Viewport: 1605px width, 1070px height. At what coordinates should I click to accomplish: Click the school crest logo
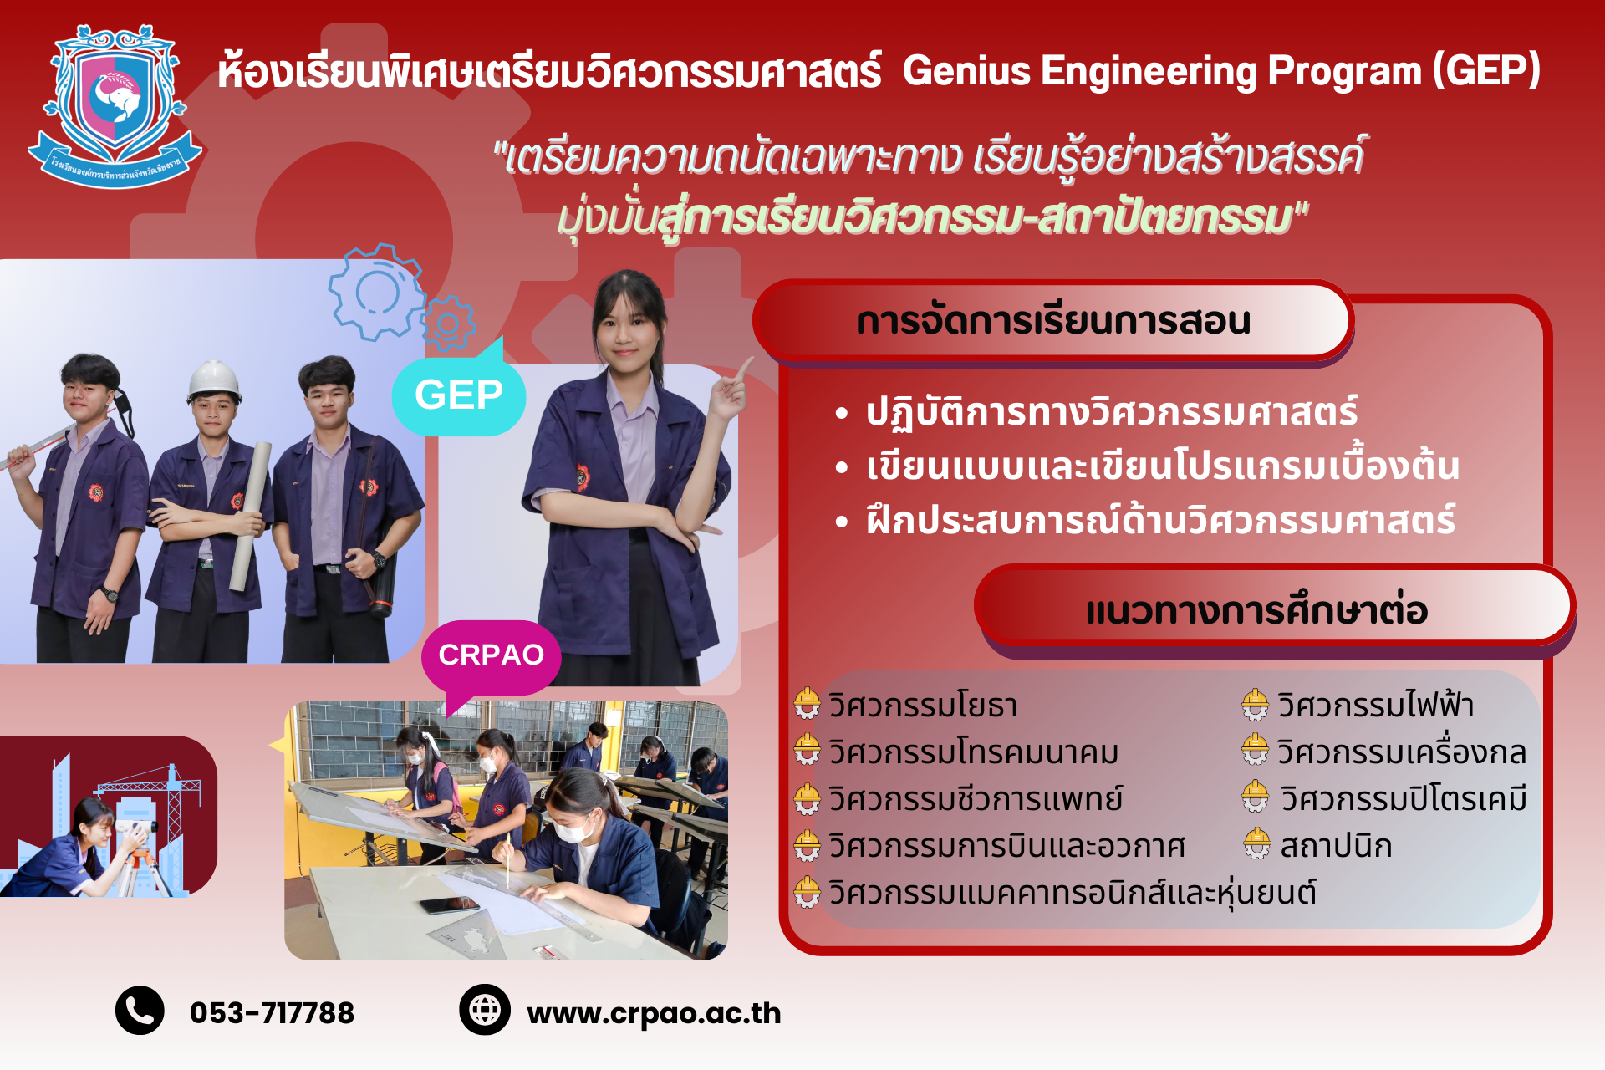(115, 106)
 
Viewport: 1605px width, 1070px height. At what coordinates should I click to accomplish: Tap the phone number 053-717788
(272, 1013)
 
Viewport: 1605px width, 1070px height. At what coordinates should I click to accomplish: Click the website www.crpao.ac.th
(654, 1014)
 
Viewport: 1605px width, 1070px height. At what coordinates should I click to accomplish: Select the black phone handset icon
(140, 1011)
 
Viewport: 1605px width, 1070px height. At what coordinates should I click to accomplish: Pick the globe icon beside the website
(485, 1010)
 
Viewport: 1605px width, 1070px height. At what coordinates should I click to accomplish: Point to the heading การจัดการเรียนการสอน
(1053, 322)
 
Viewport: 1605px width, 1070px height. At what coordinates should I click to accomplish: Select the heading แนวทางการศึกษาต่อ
(1256, 610)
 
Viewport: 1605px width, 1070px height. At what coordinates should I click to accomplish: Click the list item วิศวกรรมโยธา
(923, 706)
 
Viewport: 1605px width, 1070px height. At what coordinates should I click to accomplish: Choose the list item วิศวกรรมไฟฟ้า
(1375, 705)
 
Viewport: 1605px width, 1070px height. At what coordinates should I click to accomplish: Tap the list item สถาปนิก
(1336, 846)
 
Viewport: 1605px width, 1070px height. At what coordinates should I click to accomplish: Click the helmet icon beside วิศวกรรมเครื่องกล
(1255, 750)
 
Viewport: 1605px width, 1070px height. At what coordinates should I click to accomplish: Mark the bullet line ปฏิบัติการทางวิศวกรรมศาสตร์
(1112, 412)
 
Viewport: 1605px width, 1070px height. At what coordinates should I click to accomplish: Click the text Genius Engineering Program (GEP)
(1221, 70)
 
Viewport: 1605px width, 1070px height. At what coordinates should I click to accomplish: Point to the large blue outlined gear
(376, 292)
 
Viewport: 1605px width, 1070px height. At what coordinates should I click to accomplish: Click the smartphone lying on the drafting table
(449, 905)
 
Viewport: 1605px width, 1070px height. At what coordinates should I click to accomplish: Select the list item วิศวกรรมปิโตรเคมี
(1404, 799)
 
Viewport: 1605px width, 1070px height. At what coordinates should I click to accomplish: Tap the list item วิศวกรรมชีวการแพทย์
(976, 799)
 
